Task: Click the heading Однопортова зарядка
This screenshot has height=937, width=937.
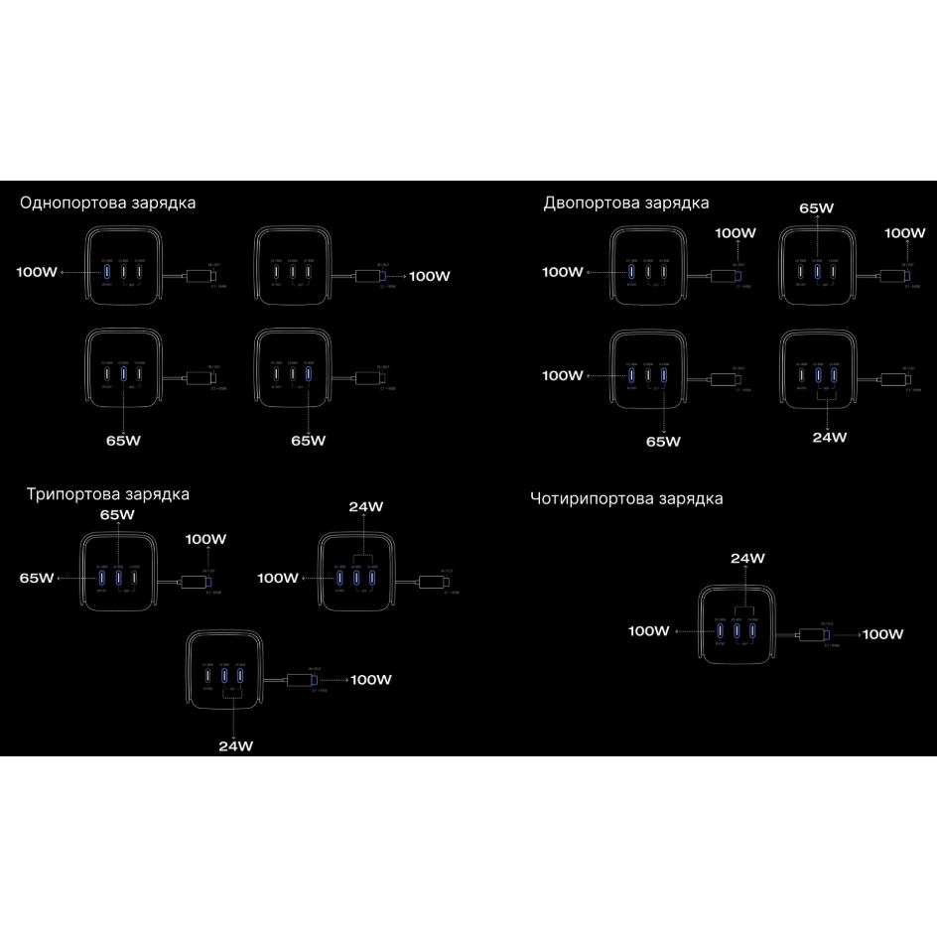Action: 108,202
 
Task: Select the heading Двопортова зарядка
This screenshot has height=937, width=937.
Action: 626,202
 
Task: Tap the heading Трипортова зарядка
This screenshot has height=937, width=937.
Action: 108,493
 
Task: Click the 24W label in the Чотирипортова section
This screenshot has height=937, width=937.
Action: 747,559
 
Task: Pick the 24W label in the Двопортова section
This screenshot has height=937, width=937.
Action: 829,437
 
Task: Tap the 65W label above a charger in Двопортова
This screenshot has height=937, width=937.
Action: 816,209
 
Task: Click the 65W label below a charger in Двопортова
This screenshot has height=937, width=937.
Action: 663,441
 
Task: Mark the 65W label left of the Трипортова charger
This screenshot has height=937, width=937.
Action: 37,578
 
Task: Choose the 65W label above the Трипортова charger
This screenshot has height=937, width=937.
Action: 117,515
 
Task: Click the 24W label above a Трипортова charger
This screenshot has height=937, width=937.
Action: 365,507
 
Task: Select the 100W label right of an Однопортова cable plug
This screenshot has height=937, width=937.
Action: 430,276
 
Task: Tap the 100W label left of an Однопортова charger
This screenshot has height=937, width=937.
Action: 37,271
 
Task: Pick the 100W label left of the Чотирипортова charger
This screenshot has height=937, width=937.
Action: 649,631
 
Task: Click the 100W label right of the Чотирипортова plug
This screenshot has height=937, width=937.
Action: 882,633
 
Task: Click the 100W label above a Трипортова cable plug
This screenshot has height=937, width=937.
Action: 205,539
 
